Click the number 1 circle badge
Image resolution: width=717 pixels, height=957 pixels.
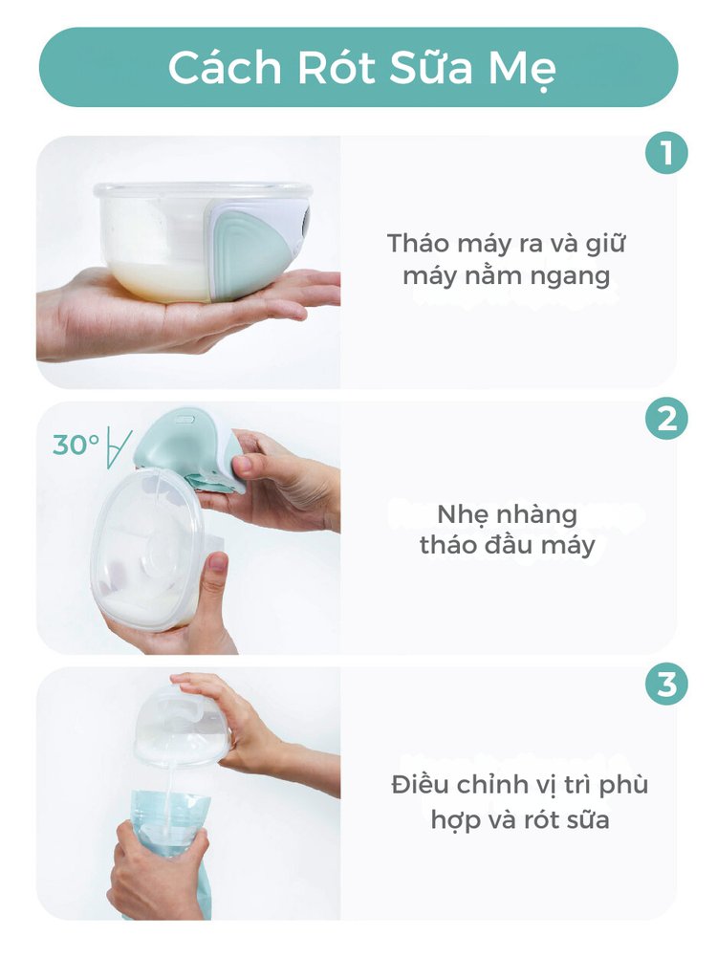[x=666, y=153]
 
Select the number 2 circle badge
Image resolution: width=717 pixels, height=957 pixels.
[x=666, y=419]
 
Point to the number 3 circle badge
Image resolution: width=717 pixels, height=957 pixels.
[x=666, y=685]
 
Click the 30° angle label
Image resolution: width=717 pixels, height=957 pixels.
[x=76, y=445]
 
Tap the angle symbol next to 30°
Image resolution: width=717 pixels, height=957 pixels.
[x=119, y=446]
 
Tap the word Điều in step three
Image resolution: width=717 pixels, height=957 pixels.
[x=421, y=784]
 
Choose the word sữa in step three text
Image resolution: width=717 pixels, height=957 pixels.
[x=586, y=819]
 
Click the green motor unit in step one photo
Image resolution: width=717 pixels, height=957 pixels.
[x=258, y=250]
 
